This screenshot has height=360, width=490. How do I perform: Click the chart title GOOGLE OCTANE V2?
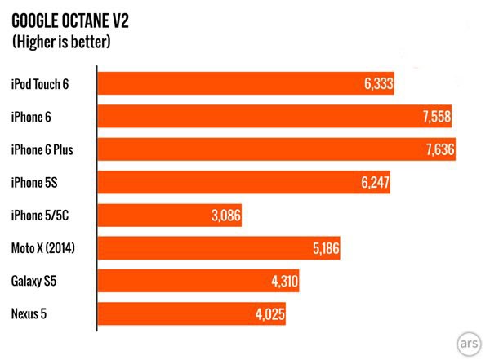click(x=69, y=17)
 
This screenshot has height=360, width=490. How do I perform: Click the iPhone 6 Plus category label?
click(x=42, y=149)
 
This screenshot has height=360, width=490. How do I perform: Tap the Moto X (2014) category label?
click(x=43, y=248)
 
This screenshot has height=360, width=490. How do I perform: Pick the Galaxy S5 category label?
click(x=33, y=282)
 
